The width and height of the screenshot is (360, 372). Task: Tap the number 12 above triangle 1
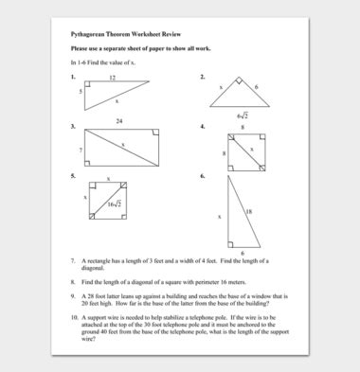click(x=112, y=77)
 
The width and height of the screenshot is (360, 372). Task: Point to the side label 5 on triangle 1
click(x=81, y=92)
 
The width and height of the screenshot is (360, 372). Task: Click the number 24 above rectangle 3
click(x=120, y=122)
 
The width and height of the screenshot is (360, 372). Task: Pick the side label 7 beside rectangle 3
click(x=81, y=150)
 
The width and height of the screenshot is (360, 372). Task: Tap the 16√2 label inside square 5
click(x=113, y=204)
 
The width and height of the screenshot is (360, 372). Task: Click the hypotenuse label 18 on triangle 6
click(x=249, y=211)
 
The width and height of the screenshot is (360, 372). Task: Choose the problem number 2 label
click(x=203, y=76)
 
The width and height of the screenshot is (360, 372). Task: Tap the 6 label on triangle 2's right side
click(x=255, y=86)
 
